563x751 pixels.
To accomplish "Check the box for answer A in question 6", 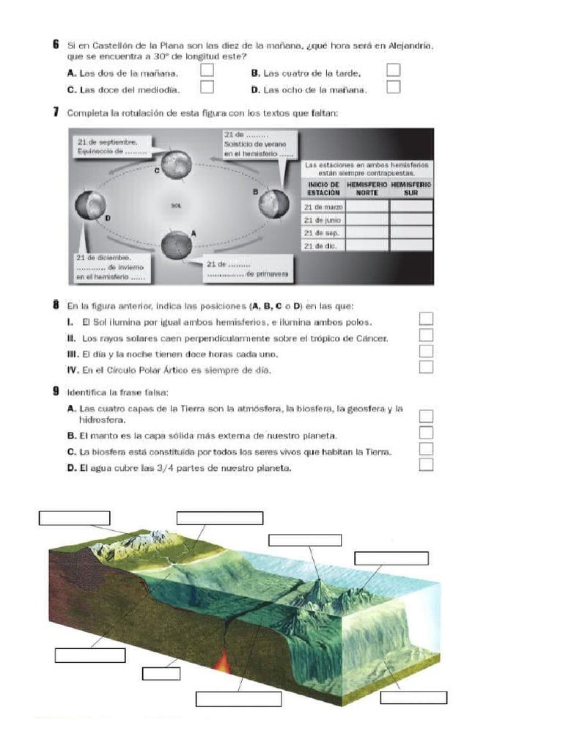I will [x=207, y=70].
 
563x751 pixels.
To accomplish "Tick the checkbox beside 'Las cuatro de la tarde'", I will [x=394, y=70].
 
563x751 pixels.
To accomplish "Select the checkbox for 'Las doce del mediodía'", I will [x=207, y=87].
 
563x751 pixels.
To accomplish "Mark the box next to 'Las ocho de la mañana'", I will [x=394, y=87].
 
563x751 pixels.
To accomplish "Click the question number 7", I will [x=56, y=112].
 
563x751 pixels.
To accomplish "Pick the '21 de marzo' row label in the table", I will [x=323, y=208].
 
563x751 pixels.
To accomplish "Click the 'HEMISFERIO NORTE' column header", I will [x=367, y=187].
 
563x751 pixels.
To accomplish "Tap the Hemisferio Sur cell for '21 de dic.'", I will [x=411, y=246].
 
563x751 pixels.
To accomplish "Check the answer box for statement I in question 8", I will [x=426, y=318].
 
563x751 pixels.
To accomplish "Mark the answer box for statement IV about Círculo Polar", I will [x=426, y=367].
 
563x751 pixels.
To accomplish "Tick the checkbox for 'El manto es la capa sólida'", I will [x=426, y=433].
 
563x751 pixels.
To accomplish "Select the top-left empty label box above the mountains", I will [x=74, y=518].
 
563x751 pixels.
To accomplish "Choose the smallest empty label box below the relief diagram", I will [x=161, y=673].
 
